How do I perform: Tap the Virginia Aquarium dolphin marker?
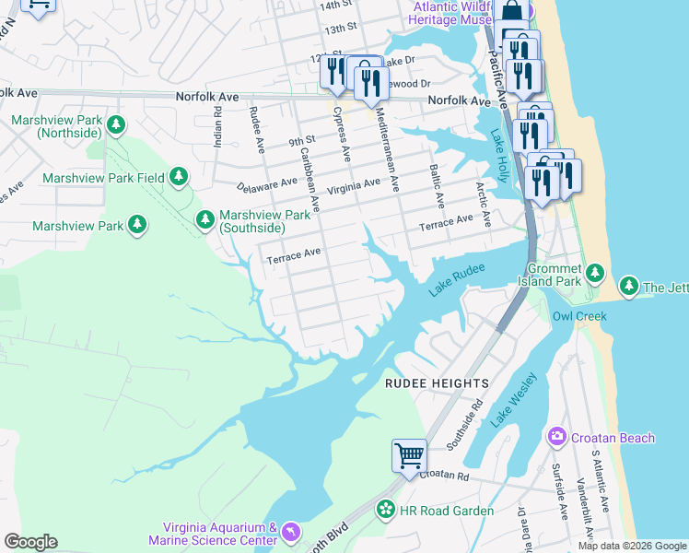[291, 533]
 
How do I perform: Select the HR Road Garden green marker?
[386, 509]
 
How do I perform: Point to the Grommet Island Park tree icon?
[595, 272]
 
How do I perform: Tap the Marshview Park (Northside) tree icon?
[115, 124]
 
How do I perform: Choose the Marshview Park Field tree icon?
[179, 176]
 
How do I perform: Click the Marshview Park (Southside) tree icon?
[205, 218]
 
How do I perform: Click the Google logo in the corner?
[30, 542]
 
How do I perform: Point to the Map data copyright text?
[631, 546]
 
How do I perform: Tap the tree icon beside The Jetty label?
[630, 287]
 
